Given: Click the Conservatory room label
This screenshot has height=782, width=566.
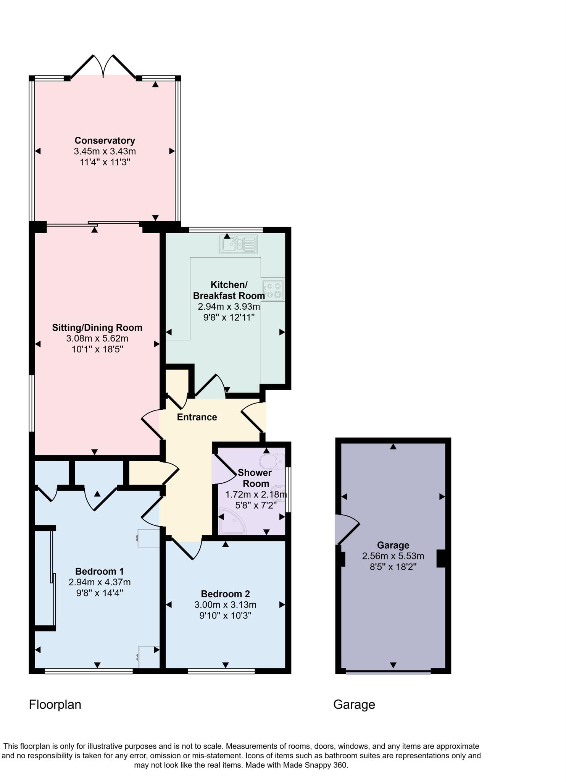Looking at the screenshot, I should pos(105,141).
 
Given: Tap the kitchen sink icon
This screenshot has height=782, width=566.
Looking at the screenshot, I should pos(239,244).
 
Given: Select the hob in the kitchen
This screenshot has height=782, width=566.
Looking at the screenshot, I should pos(273,290).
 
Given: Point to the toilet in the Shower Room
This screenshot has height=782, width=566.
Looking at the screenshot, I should pos(272,461).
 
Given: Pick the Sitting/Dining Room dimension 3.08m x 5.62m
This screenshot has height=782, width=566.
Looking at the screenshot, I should pos(97,338).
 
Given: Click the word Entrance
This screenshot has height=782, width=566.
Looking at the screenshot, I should pos(197,417).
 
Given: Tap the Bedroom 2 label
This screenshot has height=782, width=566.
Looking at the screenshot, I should pos(225,594).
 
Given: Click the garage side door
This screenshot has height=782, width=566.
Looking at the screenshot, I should pos(347,529).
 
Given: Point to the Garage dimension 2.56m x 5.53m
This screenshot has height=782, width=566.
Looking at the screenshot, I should pos(393,556).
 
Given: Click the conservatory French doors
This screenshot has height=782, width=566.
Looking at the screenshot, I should pos(103,67).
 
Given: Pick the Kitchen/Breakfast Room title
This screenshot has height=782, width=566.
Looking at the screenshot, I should pos(229,290).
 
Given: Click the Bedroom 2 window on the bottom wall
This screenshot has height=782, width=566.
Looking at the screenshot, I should pos(221,671).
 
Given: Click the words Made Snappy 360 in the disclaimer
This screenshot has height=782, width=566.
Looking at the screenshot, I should pos(314,765).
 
